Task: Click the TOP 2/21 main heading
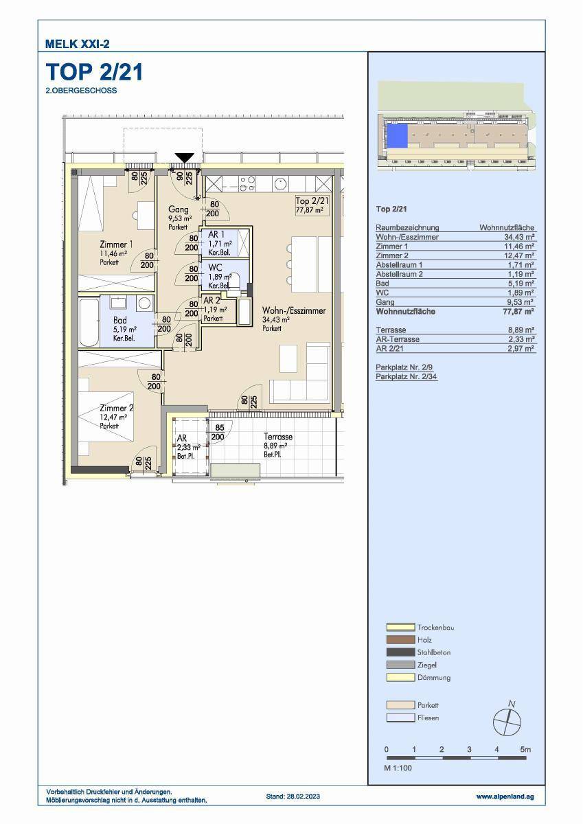point(94,72)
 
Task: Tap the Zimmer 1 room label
point(116,244)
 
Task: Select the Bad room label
point(120,320)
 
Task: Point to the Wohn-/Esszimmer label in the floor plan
point(294,311)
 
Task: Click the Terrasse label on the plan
point(278,437)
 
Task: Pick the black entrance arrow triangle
point(184,158)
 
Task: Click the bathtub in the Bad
point(89,323)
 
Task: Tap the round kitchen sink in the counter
point(281,183)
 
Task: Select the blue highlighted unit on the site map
point(397,136)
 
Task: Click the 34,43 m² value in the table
point(519,238)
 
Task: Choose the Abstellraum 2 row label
point(399,274)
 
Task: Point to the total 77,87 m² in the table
point(518,312)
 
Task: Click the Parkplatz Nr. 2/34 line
point(407,376)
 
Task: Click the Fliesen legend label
point(428,718)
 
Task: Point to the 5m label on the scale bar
point(525,749)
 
